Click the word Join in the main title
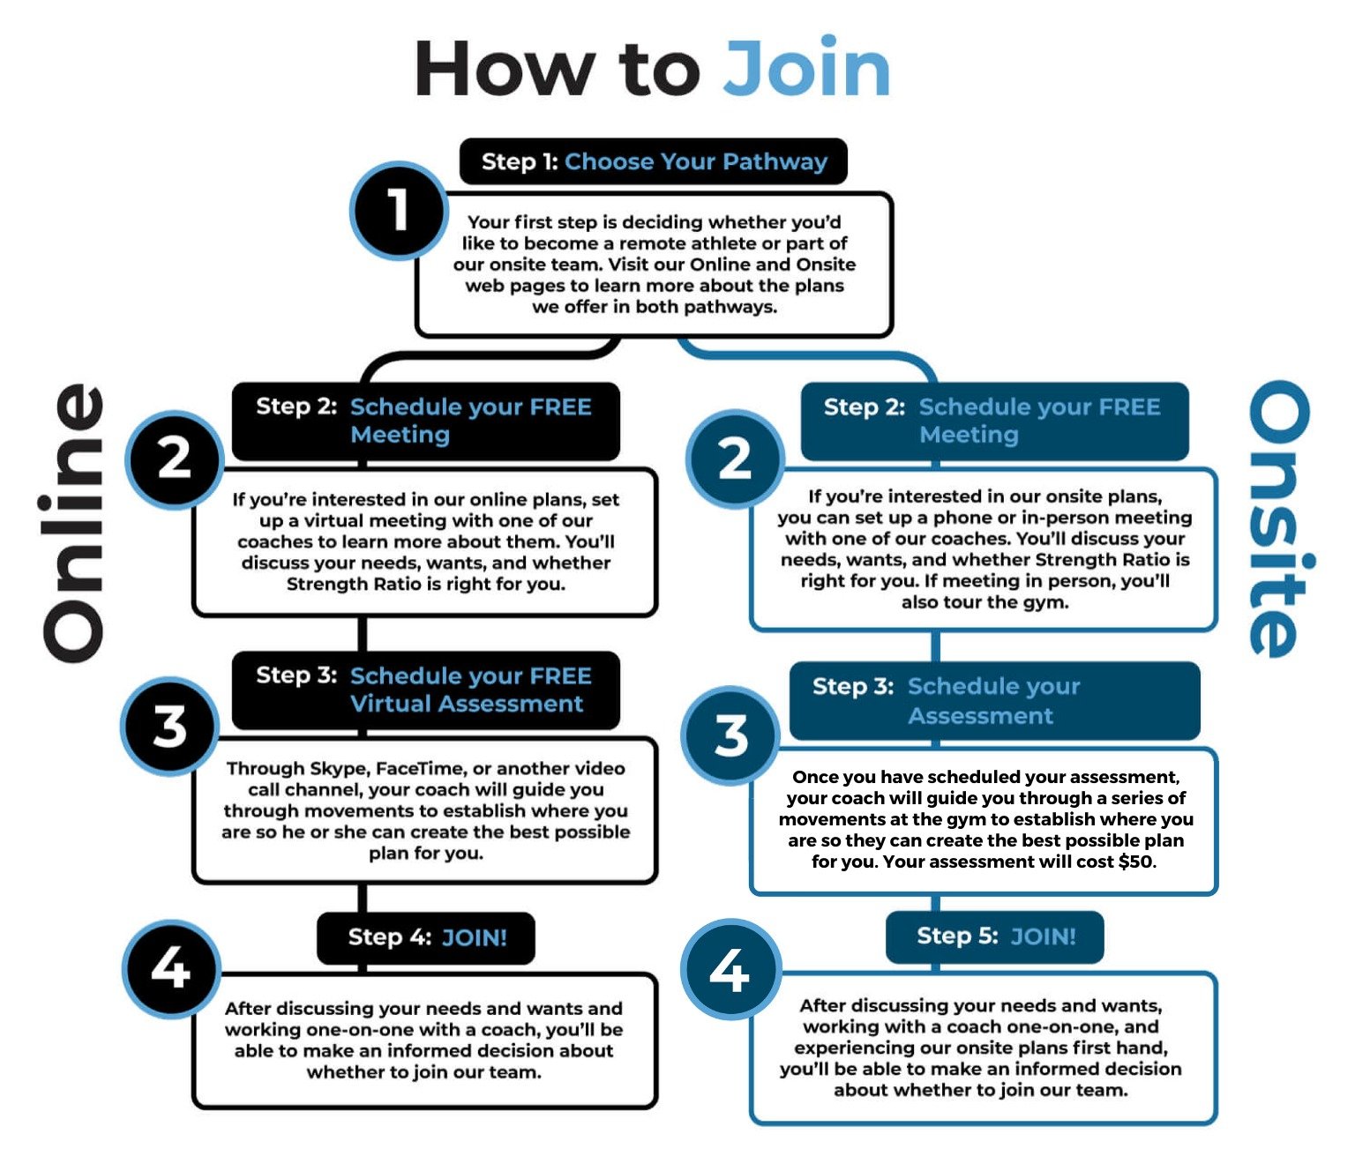(806, 69)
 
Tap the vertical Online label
(74, 522)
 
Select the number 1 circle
(399, 210)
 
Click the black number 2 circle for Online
(174, 459)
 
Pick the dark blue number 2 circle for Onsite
(735, 459)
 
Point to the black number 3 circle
(169, 727)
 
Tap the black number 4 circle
(170, 968)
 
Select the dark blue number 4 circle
(730, 970)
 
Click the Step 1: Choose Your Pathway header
(653, 161)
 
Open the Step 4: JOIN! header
(426, 937)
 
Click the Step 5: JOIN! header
(995, 936)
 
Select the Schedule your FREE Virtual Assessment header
(425, 690)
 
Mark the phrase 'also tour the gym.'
(984, 602)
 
